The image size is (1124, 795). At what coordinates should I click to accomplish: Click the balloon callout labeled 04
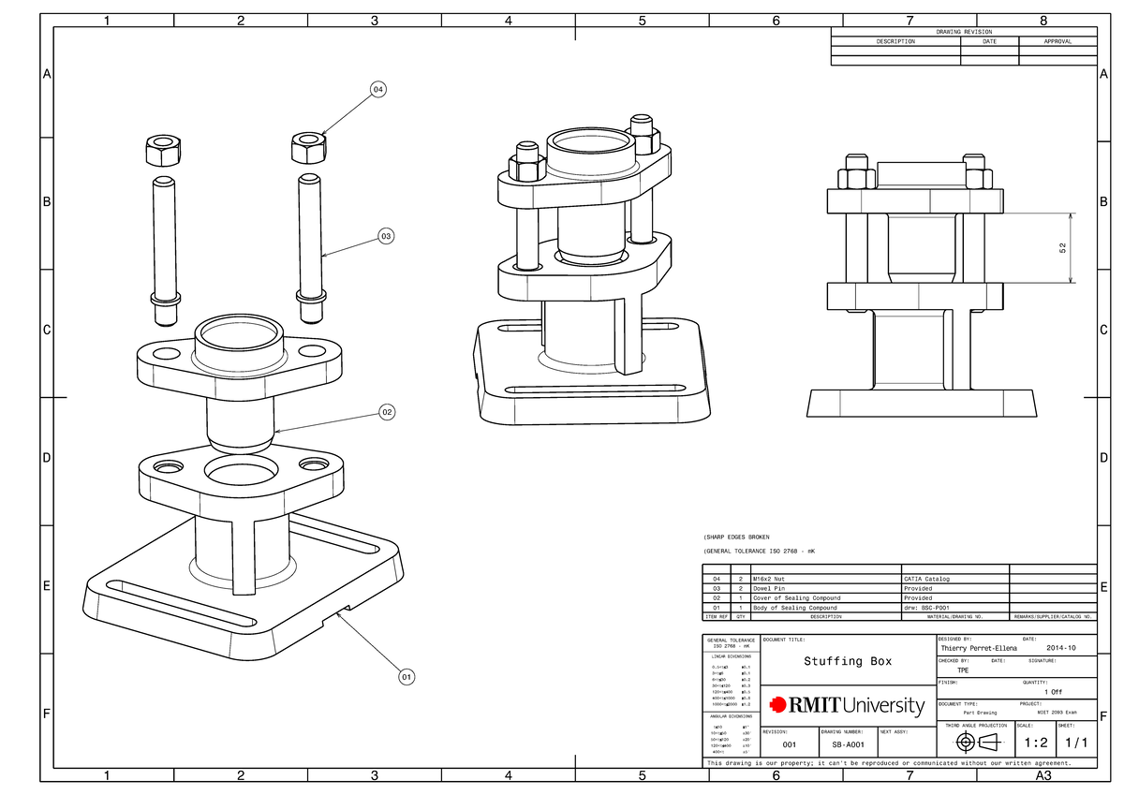377,90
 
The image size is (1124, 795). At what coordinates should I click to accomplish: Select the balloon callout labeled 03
386,236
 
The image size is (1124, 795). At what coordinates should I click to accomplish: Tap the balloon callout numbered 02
386,411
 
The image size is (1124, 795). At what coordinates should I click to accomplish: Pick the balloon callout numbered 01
406,676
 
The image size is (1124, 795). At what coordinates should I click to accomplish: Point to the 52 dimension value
1061,248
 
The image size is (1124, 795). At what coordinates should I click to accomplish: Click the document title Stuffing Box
848,661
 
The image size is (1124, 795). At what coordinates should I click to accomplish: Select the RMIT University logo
847,705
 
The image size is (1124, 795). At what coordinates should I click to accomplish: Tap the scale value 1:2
1034,743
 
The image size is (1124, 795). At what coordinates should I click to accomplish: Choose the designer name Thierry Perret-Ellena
979,648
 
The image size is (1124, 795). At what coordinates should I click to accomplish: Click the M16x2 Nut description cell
773,579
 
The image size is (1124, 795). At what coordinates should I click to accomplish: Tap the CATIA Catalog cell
926,579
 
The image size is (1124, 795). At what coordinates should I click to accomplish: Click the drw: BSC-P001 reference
926,608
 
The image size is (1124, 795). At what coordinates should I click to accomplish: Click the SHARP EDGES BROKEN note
736,537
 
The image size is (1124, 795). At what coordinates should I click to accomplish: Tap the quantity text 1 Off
1053,691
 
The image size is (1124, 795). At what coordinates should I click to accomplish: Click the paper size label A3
1043,776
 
